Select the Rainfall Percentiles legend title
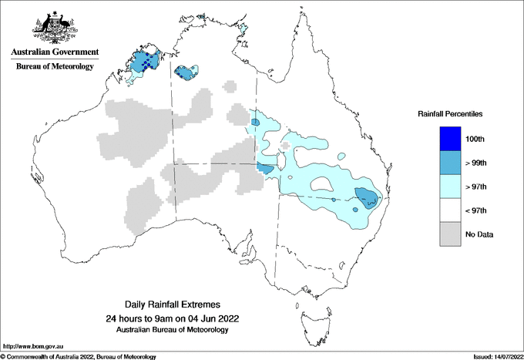(x=449, y=114)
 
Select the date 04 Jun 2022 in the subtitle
(x=214, y=318)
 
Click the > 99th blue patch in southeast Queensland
(x=364, y=196)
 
